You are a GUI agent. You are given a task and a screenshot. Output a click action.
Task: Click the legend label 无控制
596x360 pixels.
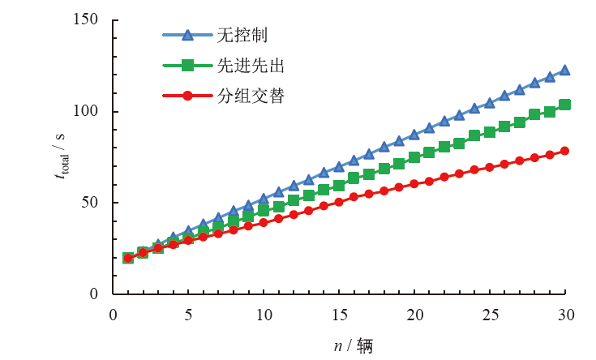pyautogui.click(x=242, y=35)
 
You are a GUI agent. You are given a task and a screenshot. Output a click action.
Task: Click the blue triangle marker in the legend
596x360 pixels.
pyautogui.click(x=187, y=35)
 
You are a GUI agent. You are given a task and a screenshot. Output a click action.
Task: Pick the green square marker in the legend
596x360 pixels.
pyautogui.click(x=187, y=65)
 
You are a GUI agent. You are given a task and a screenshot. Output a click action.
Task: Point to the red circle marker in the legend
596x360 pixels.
pyautogui.click(x=187, y=96)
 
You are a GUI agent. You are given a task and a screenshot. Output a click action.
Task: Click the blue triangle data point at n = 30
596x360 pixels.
pyautogui.click(x=565, y=71)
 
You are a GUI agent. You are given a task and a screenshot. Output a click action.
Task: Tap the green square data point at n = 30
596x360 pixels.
pyautogui.click(x=565, y=105)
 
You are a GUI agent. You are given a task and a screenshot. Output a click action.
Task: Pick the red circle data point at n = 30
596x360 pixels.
pyautogui.click(x=565, y=151)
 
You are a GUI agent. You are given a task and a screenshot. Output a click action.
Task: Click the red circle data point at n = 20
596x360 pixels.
pyautogui.click(x=414, y=184)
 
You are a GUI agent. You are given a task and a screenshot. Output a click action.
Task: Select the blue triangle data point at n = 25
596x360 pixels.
pyautogui.click(x=490, y=103)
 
